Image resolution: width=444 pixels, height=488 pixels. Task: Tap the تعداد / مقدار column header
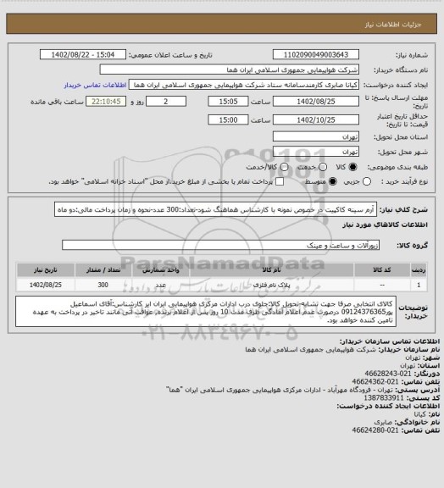tap(103, 267)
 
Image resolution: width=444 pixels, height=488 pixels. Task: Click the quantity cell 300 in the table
tap(103, 284)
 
